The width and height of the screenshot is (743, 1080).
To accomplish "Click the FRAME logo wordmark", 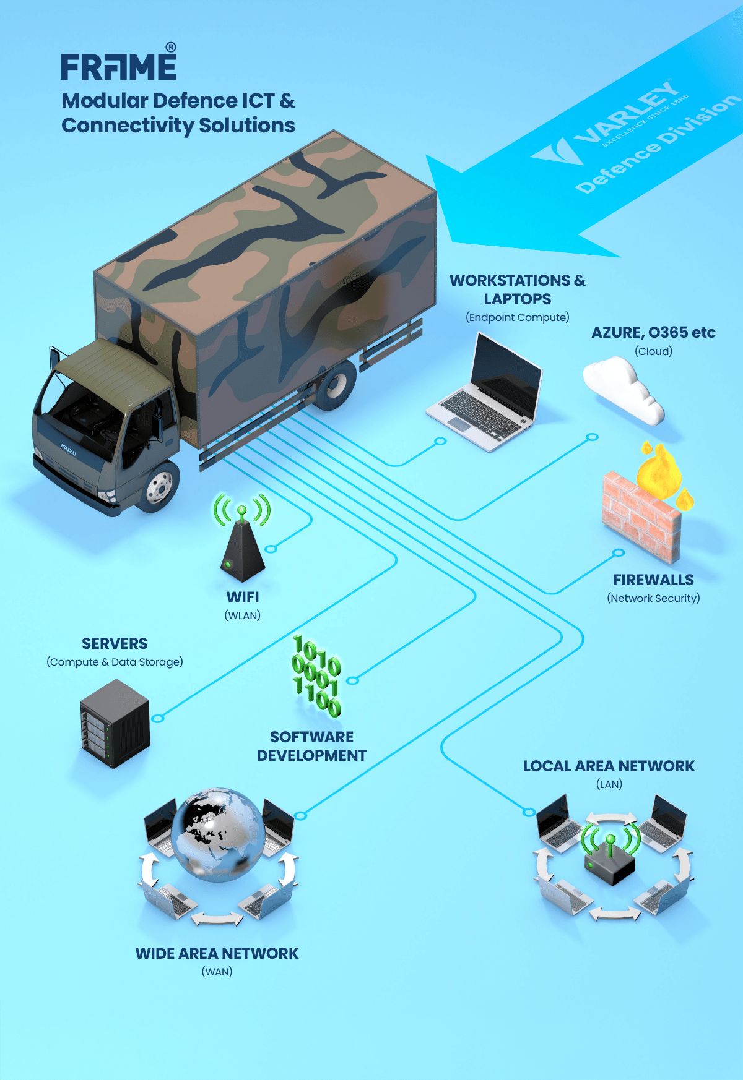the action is [118, 67].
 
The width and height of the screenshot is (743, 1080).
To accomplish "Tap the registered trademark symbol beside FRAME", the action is [171, 48].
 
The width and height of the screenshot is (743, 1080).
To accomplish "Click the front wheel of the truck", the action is [160, 486].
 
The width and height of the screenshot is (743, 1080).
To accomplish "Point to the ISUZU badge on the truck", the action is [69, 449].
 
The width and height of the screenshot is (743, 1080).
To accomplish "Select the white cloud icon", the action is [623, 390].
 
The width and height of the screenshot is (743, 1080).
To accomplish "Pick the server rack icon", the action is [115, 724].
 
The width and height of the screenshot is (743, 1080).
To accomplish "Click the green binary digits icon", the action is [316, 676].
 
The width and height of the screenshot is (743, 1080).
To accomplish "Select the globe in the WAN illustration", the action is [219, 833].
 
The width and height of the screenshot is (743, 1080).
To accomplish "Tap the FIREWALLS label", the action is [653, 580].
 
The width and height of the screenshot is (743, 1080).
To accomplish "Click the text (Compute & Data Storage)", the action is [115, 662].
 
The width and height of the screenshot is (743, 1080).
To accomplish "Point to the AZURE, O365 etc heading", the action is [653, 333].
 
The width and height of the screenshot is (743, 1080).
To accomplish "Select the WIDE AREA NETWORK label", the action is [217, 953].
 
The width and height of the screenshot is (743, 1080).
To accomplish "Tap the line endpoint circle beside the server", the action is [158, 718].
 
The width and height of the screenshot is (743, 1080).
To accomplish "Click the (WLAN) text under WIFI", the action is [242, 615].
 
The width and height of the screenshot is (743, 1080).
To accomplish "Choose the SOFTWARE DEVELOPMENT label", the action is [311, 746].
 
